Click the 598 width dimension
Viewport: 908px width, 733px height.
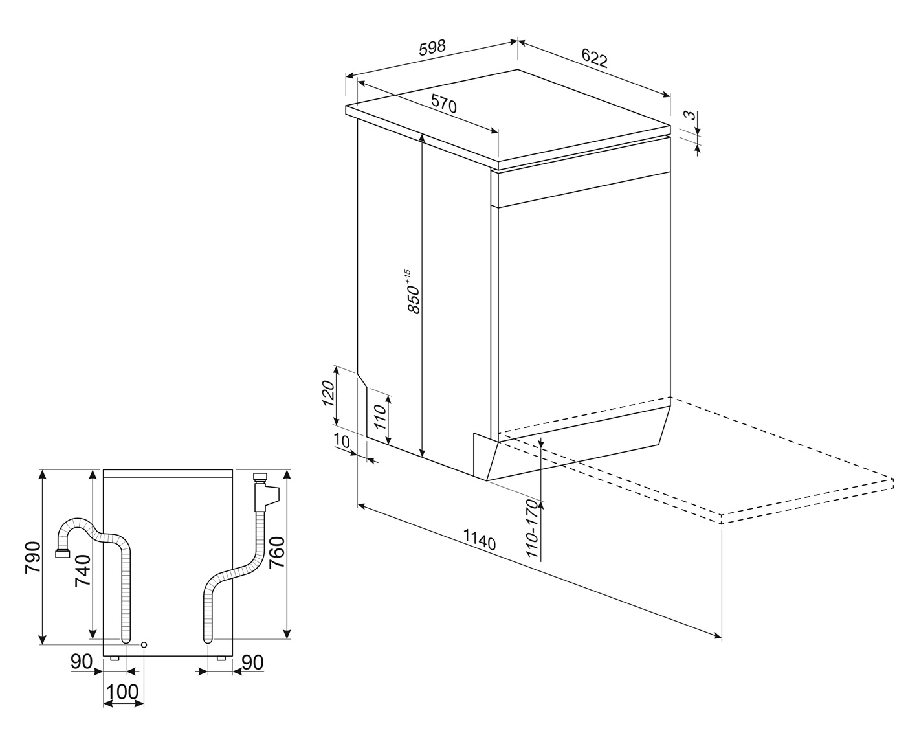tap(432, 47)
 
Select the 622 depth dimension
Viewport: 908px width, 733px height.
tap(595, 58)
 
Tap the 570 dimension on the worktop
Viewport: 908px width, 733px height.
tap(444, 104)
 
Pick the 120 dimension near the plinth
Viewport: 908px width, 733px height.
tap(328, 393)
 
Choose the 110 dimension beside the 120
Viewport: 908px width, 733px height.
tap(380, 416)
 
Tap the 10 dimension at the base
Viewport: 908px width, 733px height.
tap(341, 442)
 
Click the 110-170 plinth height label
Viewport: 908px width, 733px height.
tap(534, 528)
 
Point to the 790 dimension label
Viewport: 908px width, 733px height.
tap(32, 558)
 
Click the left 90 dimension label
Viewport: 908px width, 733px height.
tap(82, 662)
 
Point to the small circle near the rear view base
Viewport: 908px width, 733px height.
tap(144, 645)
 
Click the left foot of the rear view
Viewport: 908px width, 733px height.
tap(115, 658)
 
